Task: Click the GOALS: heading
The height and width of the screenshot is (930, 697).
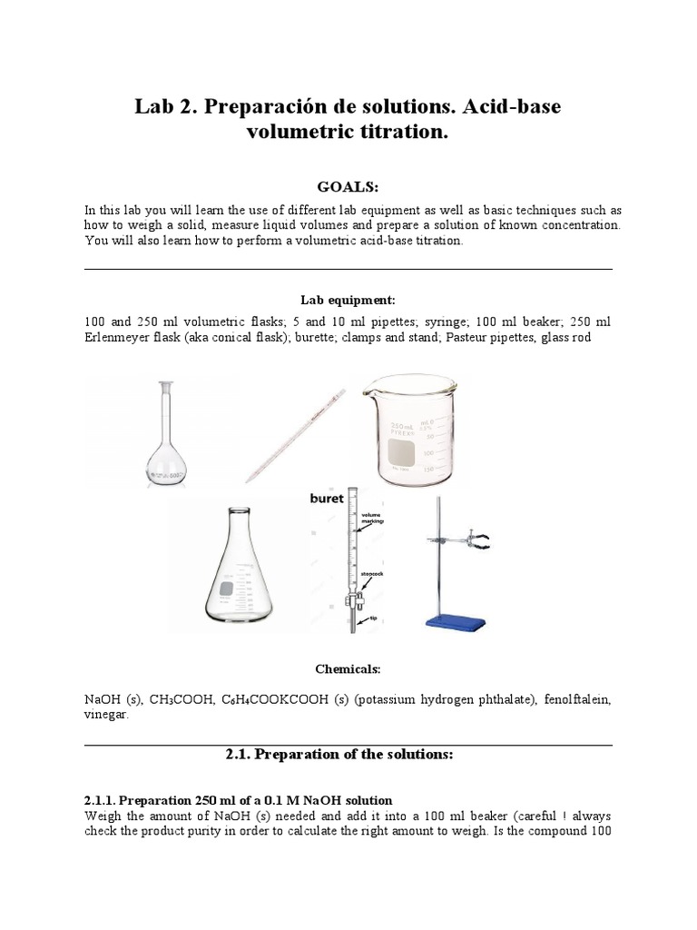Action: click(348, 186)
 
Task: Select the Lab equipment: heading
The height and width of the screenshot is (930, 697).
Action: click(348, 300)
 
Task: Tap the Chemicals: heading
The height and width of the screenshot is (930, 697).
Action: click(348, 668)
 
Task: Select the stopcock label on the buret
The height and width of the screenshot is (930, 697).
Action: click(374, 574)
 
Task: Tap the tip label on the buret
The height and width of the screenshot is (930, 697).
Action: click(372, 618)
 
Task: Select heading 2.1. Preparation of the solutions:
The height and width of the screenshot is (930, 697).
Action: click(348, 755)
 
